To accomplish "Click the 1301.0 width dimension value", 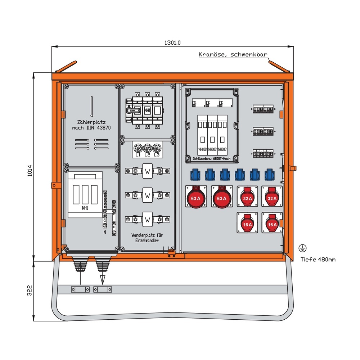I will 172,42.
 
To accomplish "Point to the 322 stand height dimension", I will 30,291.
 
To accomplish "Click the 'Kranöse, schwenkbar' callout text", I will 233,55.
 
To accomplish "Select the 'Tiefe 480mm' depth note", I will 318,260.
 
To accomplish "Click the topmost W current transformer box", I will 148,171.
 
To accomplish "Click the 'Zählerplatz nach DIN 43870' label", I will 92,125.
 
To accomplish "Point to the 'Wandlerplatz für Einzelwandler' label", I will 148,237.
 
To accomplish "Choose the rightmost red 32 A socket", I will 272,197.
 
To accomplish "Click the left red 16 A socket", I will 247,223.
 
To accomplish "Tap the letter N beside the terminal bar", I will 105,233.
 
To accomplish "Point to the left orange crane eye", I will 65,67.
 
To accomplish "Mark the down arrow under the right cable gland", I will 103,278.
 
